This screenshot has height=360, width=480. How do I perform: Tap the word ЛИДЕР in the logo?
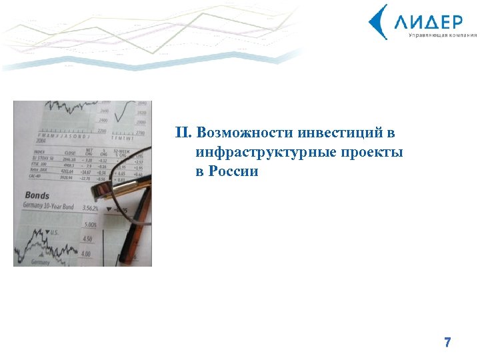coord(427,21)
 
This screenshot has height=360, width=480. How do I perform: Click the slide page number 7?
coord(447,343)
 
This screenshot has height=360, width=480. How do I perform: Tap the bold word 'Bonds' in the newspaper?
coord(37,196)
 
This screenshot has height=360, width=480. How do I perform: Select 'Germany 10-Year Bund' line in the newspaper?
coord(50,207)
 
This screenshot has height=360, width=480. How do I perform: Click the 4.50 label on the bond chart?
coord(87,239)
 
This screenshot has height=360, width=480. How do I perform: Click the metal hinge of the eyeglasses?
coord(99,187)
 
